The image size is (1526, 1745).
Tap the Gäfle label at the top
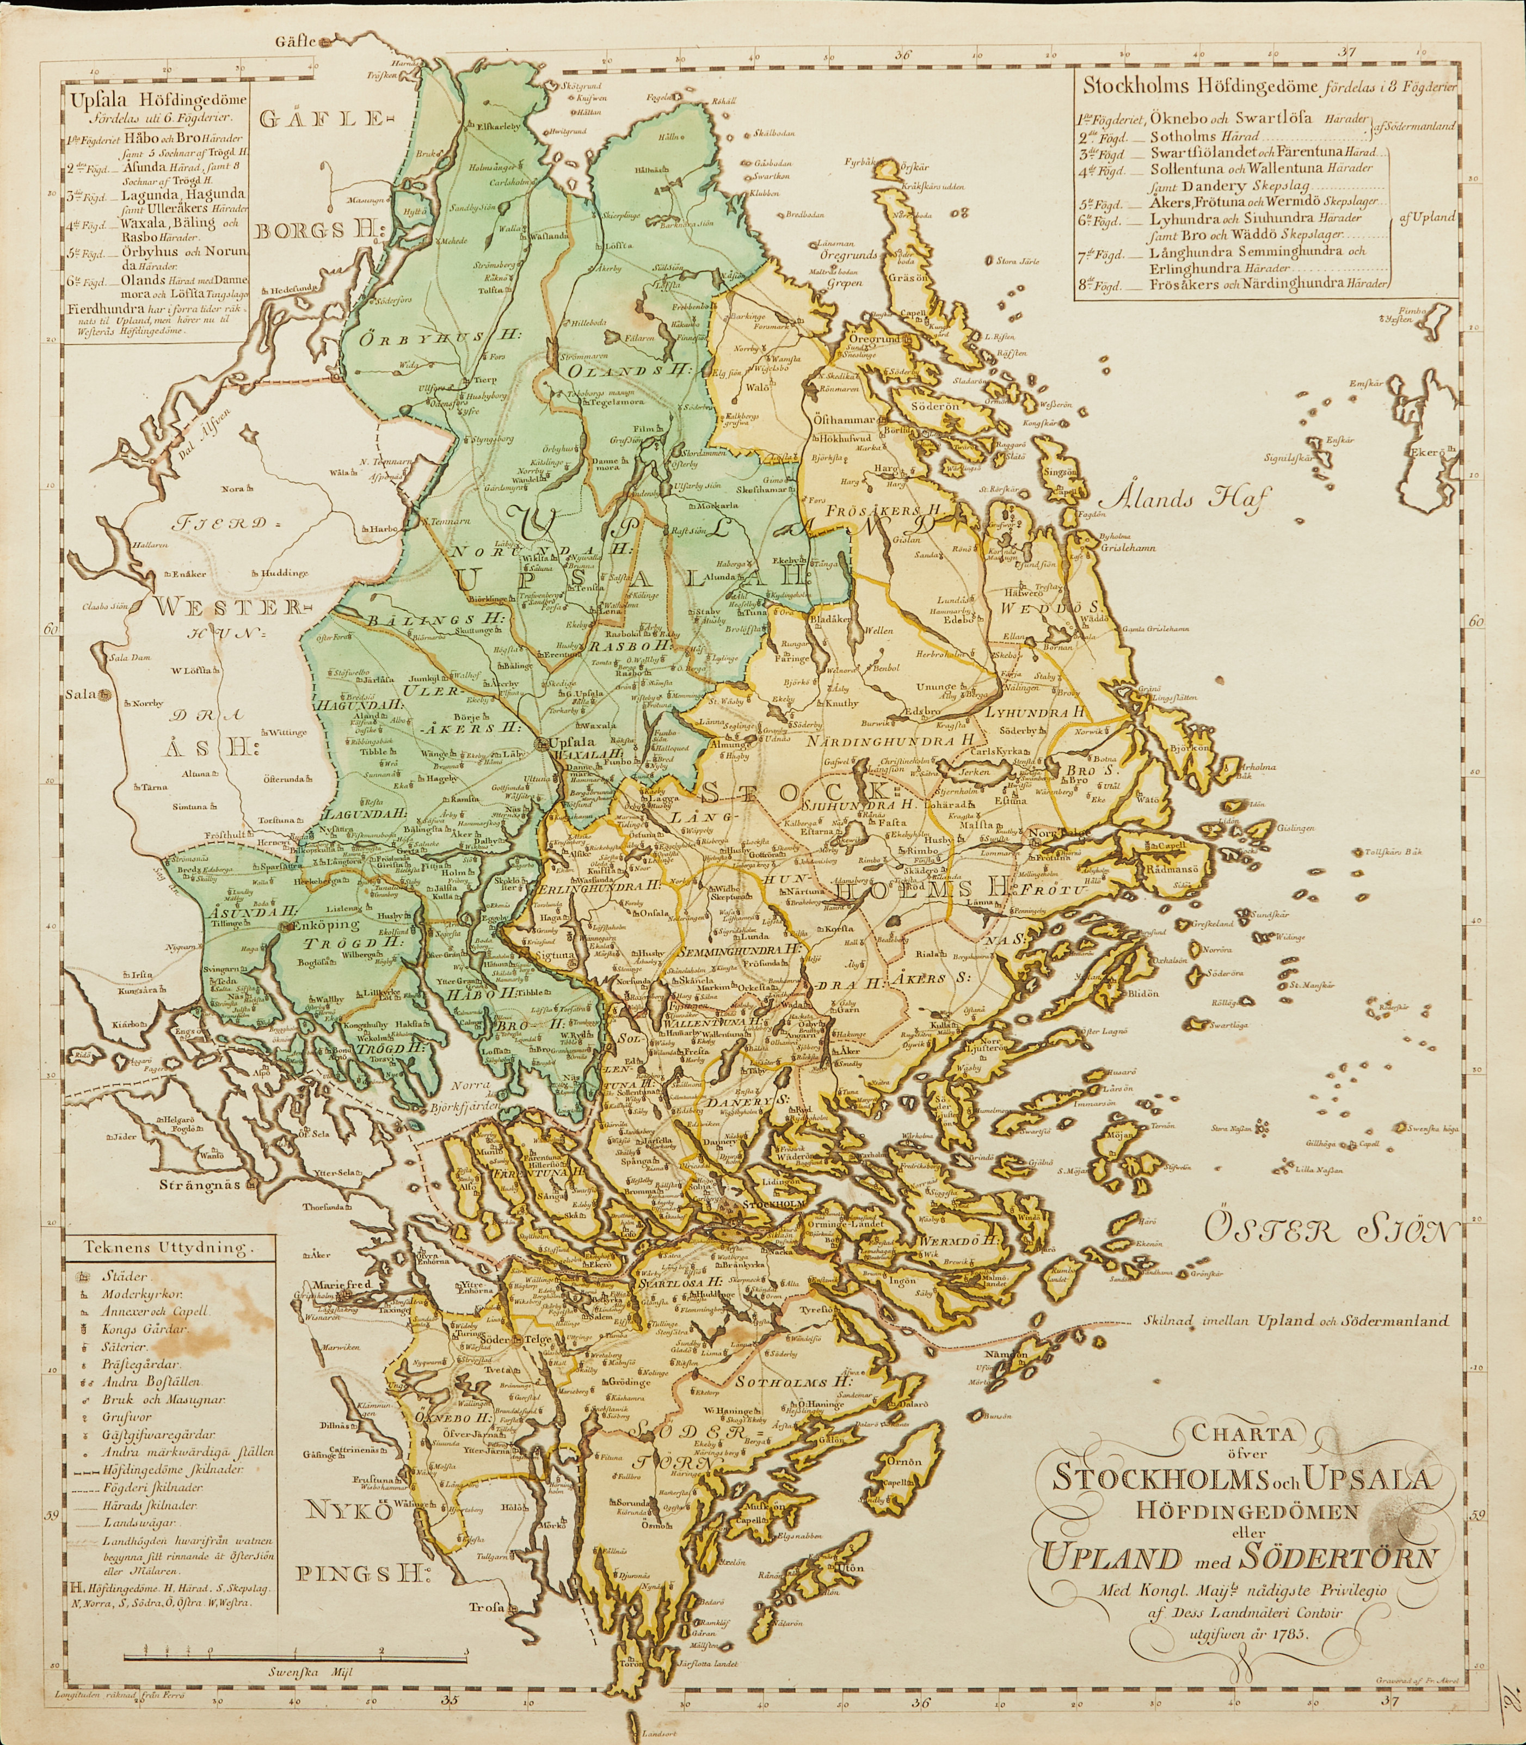point(296,41)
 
